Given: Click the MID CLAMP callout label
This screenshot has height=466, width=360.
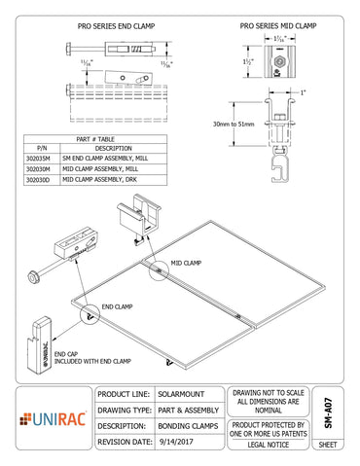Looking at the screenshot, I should pyautogui.click(x=186, y=263).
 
